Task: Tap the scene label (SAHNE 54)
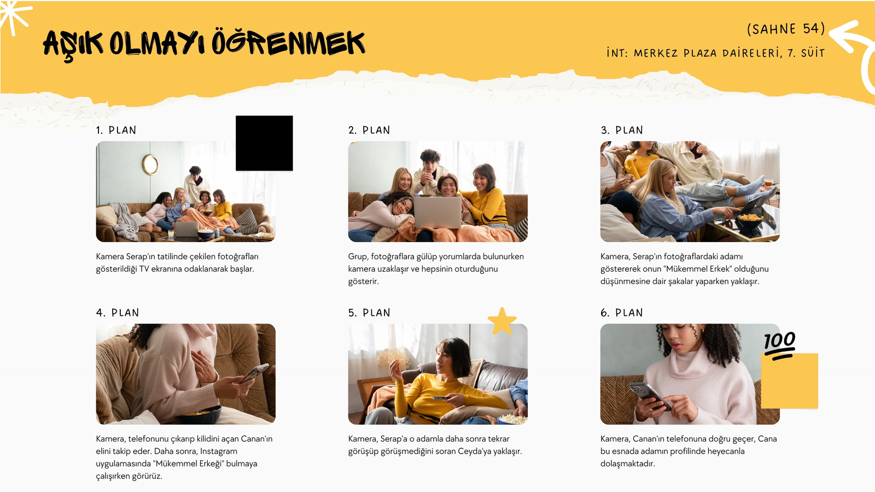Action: pyautogui.click(x=786, y=29)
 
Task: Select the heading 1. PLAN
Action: pyautogui.click(x=116, y=130)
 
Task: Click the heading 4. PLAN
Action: pyautogui.click(x=118, y=313)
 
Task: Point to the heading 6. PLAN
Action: pyautogui.click(x=621, y=313)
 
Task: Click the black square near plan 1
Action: pyautogui.click(x=264, y=143)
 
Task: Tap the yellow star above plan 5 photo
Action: pyautogui.click(x=502, y=321)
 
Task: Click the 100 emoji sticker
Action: pyautogui.click(x=780, y=345)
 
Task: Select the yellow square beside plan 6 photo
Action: pyautogui.click(x=790, y=381)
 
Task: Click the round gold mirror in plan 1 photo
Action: pyautogui.click(x=150, y=165)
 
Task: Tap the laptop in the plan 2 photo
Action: pyautogui.click(x=437, y=212)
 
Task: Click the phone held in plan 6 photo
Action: pyautogui.click(x=650, y=395)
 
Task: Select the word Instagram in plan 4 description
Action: pyautogui.click(x=218, y=451)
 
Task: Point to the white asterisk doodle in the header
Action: pyautogui.click(x=14, y=16)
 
